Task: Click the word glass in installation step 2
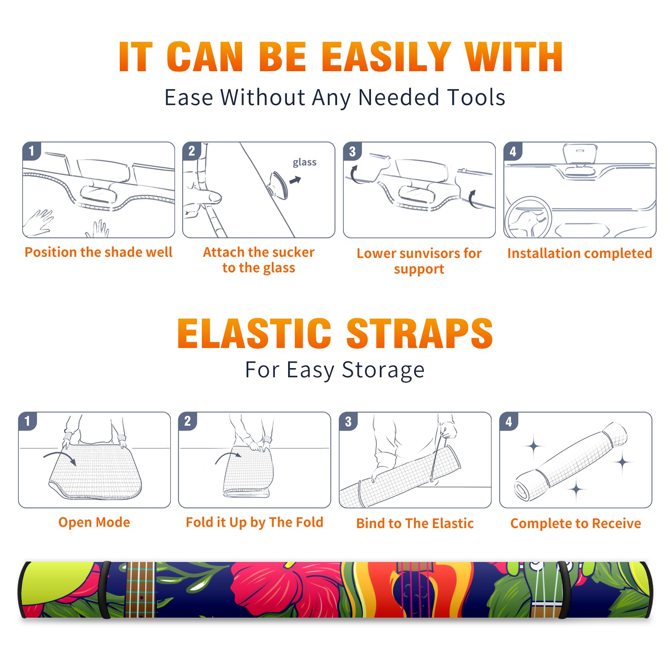[x=304, y=162]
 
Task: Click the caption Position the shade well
[x=98, y=252]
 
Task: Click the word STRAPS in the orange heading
[x=420, y=333]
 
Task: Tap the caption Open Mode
[x=94, y=522]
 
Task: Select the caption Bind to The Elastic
[x=415, y=523]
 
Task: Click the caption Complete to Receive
[x=576, y=523]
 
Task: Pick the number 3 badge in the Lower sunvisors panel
[x=352, y=151]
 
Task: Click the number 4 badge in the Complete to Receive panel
[x=509, y=421]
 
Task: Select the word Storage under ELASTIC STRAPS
[x=383, y=370]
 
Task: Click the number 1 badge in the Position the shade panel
[x=31, y=151]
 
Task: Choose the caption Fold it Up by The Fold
[x=255, y=522]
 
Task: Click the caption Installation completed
[x=580, y=253]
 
